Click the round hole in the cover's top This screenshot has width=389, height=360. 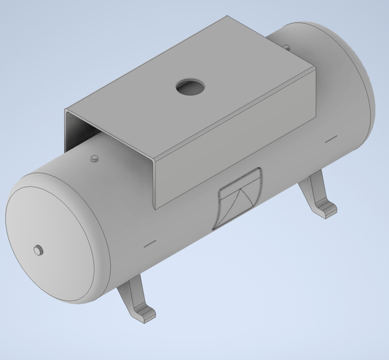(189, 87)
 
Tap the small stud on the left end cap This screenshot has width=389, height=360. (38, 250)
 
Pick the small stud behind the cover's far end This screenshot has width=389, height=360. (286, 46)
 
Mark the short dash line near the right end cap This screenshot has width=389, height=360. (331, 137)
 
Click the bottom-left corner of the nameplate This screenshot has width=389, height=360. (215, 228)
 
